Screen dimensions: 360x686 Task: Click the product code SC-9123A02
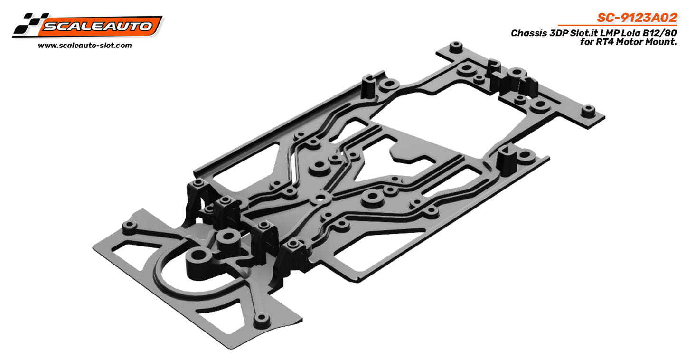coord(636,18)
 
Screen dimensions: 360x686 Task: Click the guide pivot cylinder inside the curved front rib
coord(227,236)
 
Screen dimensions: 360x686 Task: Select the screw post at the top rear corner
coord(456,47)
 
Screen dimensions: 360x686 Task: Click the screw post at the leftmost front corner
coord(128,226)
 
